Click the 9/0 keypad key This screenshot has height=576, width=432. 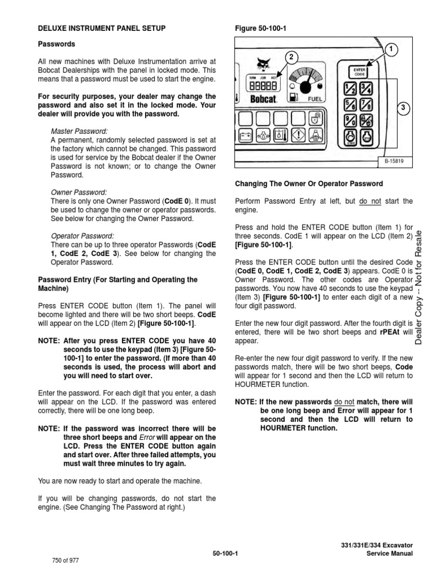pos(349,120)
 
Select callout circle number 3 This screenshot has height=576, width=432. pos(403,108)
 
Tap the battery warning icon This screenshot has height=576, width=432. pos(246,137)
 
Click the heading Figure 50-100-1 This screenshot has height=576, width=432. pos(256,28)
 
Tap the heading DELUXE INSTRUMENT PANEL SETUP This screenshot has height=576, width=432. pos(101,28)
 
